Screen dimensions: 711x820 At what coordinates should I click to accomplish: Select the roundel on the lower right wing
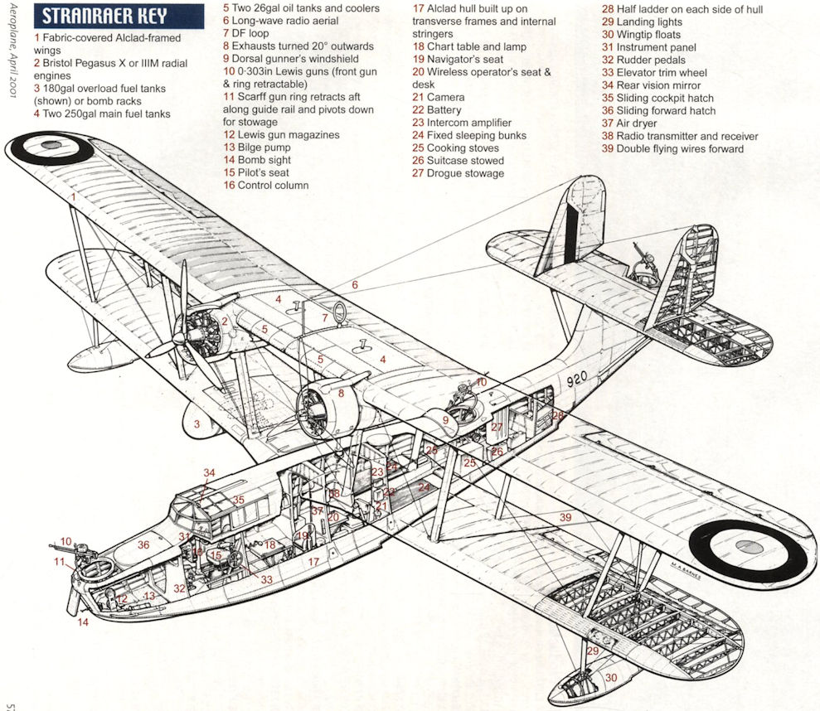[x=747, y=547]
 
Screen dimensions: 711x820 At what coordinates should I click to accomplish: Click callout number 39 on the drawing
[x=565, y=517]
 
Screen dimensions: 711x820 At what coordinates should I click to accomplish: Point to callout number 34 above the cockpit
[x=210, y=473]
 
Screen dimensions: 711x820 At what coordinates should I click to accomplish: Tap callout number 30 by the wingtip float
[x=611, y=678]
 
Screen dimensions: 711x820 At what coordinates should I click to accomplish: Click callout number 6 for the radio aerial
[x=354, y=285]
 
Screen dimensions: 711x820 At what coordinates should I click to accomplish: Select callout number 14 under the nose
[x=83, y=622]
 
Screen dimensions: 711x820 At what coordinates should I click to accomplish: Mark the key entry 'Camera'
[x=445, y=97]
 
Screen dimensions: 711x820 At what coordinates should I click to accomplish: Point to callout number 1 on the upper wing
[x=74, y=197]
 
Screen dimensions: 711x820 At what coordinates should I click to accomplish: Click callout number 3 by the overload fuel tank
[x=197, y=424]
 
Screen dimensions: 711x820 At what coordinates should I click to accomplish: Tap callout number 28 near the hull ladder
[x=558, y=415]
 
